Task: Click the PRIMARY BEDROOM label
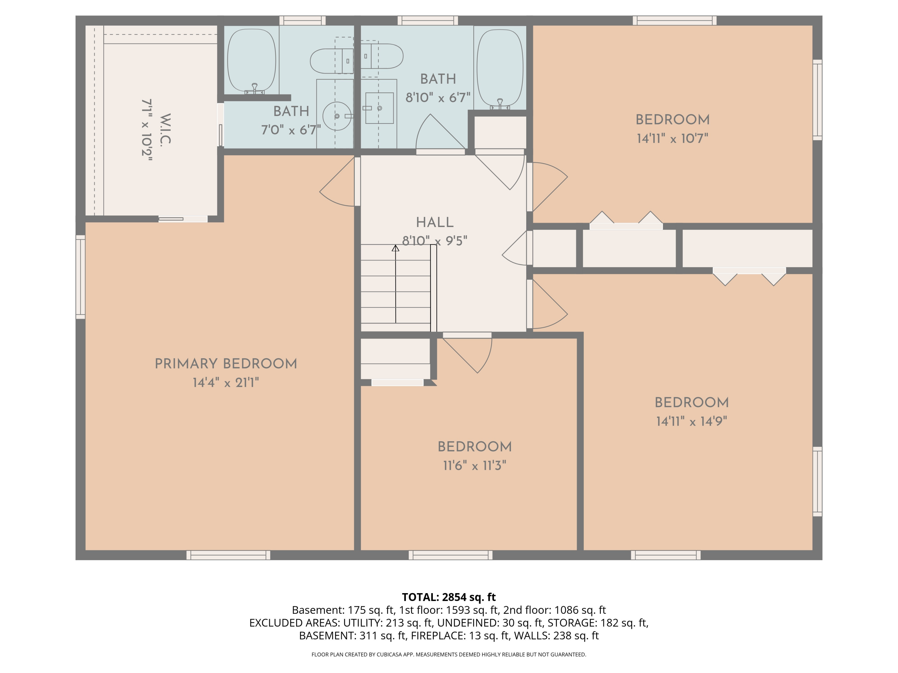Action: point(226,363)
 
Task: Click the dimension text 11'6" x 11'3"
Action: point(474,465)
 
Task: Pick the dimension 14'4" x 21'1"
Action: point(226,383)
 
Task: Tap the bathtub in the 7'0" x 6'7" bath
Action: point(252,60)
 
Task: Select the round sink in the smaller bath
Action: point(337,116)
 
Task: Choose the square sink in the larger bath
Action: point(379,108)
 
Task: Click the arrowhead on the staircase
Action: point(395,248)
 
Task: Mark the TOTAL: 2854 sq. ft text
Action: point(449,597)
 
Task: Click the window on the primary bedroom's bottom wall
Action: point(228,555)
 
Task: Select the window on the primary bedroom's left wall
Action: point(81,277)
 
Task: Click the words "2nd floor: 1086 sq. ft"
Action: point(555,610)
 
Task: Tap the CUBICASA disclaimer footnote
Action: point(449,654)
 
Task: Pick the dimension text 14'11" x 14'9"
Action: point(691,421)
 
